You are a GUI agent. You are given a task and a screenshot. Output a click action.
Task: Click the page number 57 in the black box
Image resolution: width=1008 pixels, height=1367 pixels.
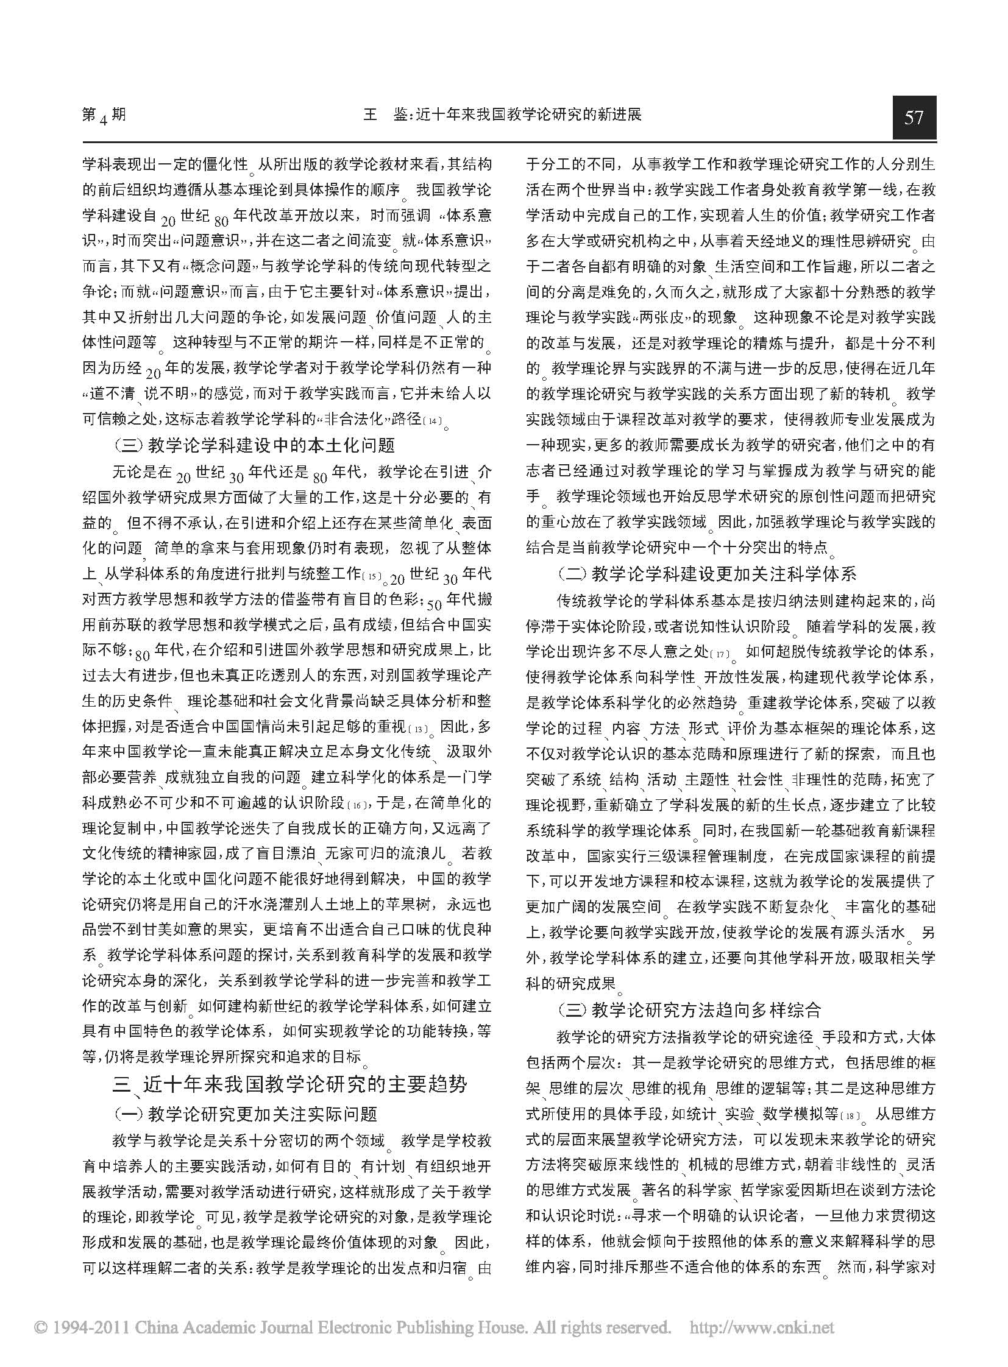pos(914,116)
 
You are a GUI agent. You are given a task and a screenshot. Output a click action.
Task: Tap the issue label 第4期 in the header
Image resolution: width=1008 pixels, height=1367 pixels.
pos(104,115)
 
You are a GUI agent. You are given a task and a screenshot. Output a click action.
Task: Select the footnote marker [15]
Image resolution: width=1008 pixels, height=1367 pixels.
pos(371,575)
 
